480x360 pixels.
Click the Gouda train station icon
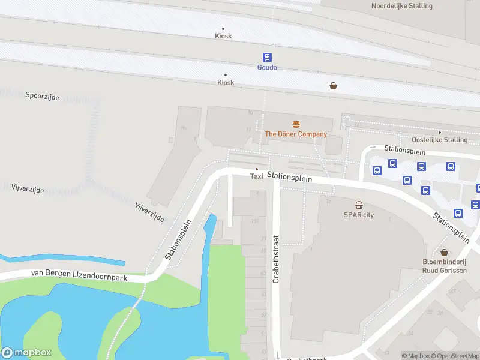coord(267,57)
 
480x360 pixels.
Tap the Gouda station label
coord(267,67)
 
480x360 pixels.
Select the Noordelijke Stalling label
coord(401,6)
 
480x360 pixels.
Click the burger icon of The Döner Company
coord(296,124)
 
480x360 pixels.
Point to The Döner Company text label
coord(296,134)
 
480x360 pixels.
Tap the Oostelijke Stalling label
coord(439,140)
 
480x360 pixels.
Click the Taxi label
coord(256,176)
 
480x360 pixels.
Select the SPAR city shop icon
coord(359,205)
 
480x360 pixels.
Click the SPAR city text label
coord(359,215)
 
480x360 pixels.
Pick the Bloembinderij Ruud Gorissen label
coord(444,266)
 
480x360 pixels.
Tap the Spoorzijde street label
coord(42,96)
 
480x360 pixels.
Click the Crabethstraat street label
coord(277,259)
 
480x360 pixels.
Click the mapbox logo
coord(26,353)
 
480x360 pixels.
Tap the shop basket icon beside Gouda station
coord(333,86)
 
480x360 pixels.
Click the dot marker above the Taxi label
coord(257,169)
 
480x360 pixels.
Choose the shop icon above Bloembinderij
coord(444,253)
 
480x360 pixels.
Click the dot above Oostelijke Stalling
coord(439,133)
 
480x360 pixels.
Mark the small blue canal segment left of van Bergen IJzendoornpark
coord(60,262)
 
